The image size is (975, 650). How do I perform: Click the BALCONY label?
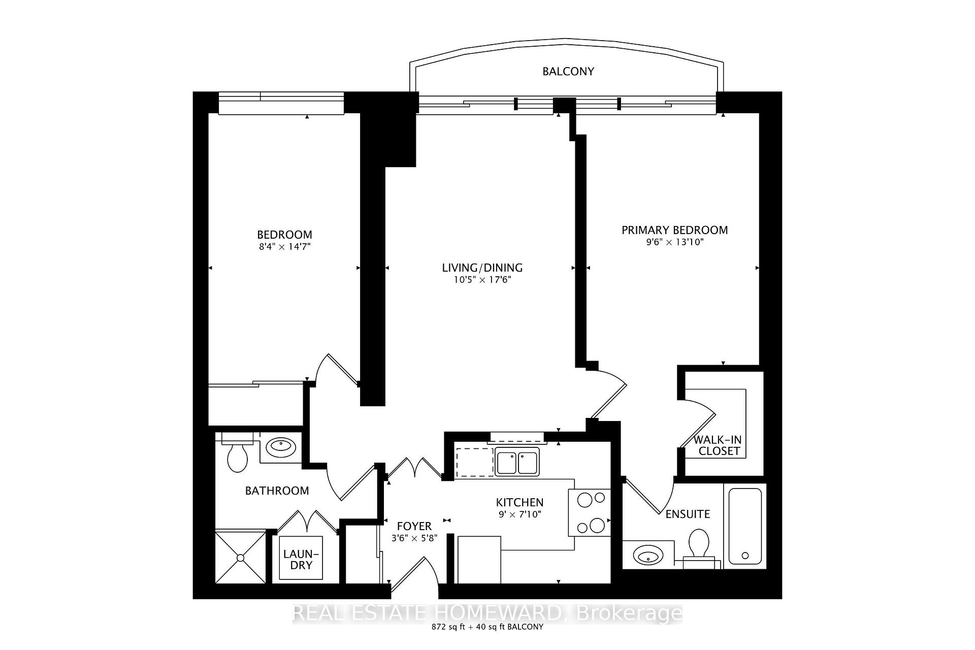[568, 72]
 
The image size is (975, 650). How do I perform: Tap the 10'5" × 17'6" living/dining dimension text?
[482, 280]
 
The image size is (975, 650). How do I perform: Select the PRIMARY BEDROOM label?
[674, 230]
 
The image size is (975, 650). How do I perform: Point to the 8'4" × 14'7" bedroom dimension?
[284, 247]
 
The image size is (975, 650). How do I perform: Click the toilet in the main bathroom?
[237, 456]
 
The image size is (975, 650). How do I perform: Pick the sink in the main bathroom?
[280, 447]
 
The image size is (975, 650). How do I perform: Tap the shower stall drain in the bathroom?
[240, 558]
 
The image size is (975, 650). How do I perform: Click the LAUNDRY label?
[301, 559]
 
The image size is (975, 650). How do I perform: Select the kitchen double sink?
[516, 463]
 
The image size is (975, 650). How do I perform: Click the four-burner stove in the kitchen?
[589, 513]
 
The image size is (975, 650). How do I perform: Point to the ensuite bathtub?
[745, 526]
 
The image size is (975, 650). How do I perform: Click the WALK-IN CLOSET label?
[719, 445]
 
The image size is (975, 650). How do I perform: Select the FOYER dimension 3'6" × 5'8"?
[414, 538]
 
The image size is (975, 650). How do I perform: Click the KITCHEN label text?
[519, 502]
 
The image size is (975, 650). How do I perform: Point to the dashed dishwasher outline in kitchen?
[474, 462]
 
